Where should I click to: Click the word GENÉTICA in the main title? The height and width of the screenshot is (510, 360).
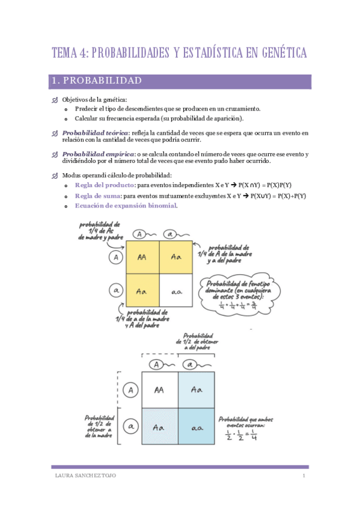(277, 53)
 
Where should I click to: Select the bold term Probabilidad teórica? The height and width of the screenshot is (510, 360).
(96, 132)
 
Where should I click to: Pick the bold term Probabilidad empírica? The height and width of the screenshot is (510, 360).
(98, 155)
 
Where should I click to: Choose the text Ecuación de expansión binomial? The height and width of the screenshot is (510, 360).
(126, 206)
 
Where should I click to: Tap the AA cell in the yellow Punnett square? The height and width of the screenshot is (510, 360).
(142, 257)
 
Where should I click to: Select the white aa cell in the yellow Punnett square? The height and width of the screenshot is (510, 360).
(177, 291)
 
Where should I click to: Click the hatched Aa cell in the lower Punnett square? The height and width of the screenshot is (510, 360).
(159, 427)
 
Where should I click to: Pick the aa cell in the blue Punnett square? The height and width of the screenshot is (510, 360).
(197, 427)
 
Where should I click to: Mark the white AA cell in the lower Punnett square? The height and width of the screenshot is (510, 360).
(159, 390)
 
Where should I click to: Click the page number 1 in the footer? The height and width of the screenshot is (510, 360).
(304, 476)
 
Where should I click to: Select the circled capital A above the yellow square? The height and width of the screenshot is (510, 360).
(139, 233)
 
